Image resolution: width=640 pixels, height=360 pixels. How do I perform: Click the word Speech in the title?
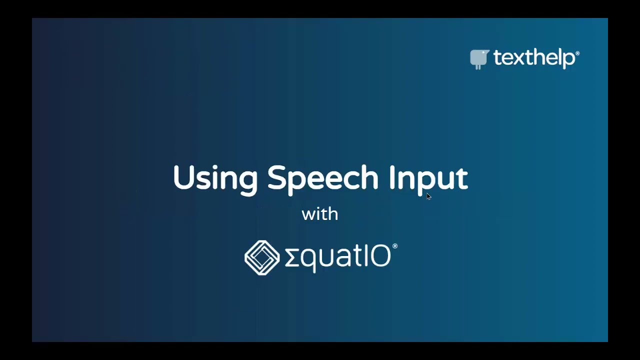point(323,178)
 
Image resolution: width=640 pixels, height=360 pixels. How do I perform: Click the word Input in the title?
point(428,178)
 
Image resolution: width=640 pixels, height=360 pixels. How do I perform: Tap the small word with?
point(320,214)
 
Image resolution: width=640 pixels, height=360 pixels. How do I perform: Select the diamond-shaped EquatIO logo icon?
point(262,257)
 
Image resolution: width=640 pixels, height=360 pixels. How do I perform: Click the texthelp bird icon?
point(479,59)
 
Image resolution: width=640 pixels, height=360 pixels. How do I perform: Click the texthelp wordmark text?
point(534,58)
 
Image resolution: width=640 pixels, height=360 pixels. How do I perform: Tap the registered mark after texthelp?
point(577,52)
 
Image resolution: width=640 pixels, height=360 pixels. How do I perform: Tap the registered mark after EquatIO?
point(395,246)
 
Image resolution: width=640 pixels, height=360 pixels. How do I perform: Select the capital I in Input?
point(393,177)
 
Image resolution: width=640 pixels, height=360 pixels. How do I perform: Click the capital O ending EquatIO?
point(380,257)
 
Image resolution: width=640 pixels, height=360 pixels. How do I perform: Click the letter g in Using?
point(247,182)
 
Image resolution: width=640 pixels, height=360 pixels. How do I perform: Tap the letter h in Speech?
point(369,177)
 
